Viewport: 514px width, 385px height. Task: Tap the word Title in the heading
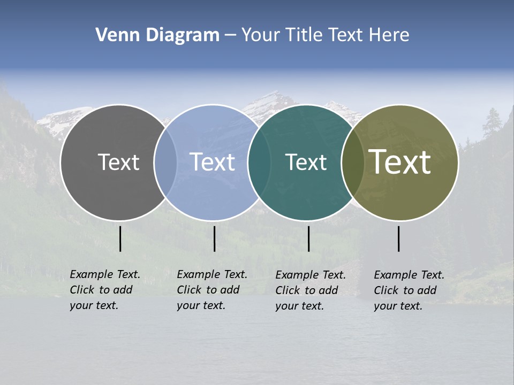(x=304, y=35)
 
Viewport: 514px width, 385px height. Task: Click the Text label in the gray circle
(x=118, y=162)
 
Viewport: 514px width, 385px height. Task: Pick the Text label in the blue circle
(x=212, y=162)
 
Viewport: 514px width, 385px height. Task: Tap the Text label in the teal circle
(x=306, y=162)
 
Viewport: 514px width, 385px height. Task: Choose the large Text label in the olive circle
(x=400, y=162)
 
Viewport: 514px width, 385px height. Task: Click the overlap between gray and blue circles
(x=165, y=162)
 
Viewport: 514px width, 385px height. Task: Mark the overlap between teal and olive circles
(x=353, y=162)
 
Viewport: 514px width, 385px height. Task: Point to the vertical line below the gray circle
(x=120, y=238)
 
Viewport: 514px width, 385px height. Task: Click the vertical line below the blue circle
(x=214, y=238)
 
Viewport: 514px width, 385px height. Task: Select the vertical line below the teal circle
(x=308, y=238)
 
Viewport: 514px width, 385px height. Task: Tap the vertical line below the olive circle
(x=398, y=238)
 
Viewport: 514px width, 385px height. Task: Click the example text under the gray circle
(x=104, y=290)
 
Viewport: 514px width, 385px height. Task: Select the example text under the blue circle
(x=211, y=290)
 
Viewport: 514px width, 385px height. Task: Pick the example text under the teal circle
(x=310, y=290)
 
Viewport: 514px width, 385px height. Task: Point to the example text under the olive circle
(x=409, y=290)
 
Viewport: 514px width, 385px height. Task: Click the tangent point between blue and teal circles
(x=259, y=162)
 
